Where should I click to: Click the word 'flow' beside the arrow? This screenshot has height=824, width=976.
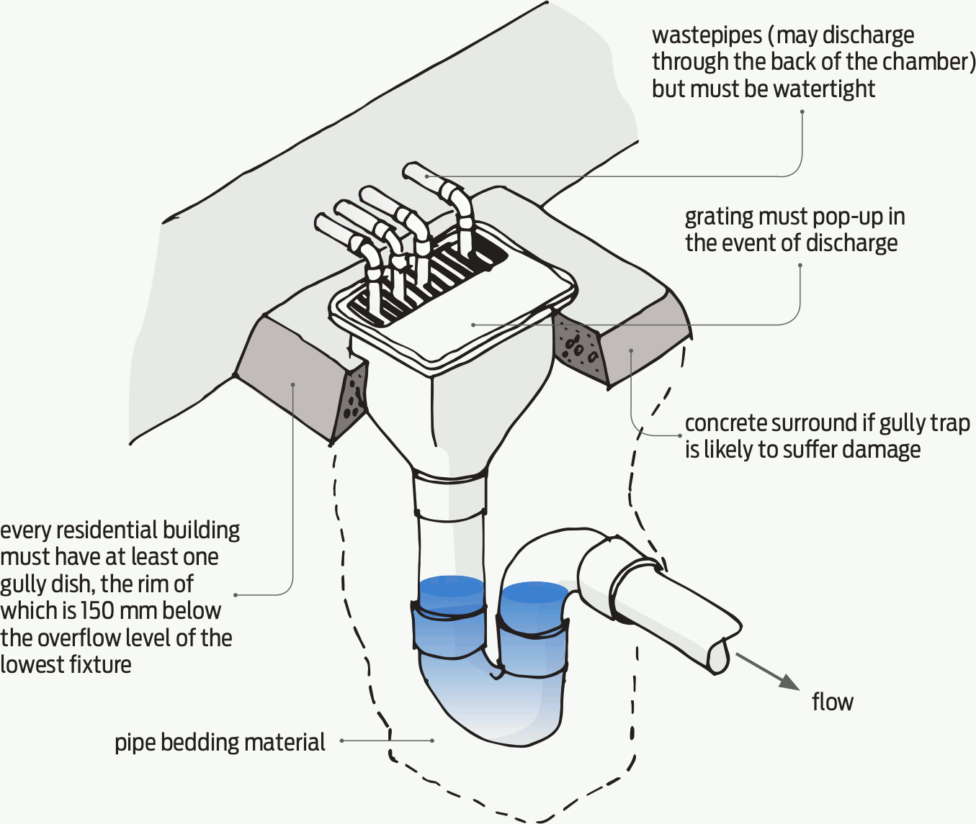pyautogui.click(x=832, y=702)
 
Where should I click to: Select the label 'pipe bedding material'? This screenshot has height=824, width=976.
pyautogui.click(x=220, y=743)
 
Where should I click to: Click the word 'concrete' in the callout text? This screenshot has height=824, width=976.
pyautogui.click(x=728, y=423)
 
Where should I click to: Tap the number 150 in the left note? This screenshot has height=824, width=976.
pyautogui.click(x=96, y=611)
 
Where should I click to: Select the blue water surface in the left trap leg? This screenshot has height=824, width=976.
pyautogui.click(x=451, y=586)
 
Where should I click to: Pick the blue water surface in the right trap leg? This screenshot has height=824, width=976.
pyautogui.click(x=534, y=593)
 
